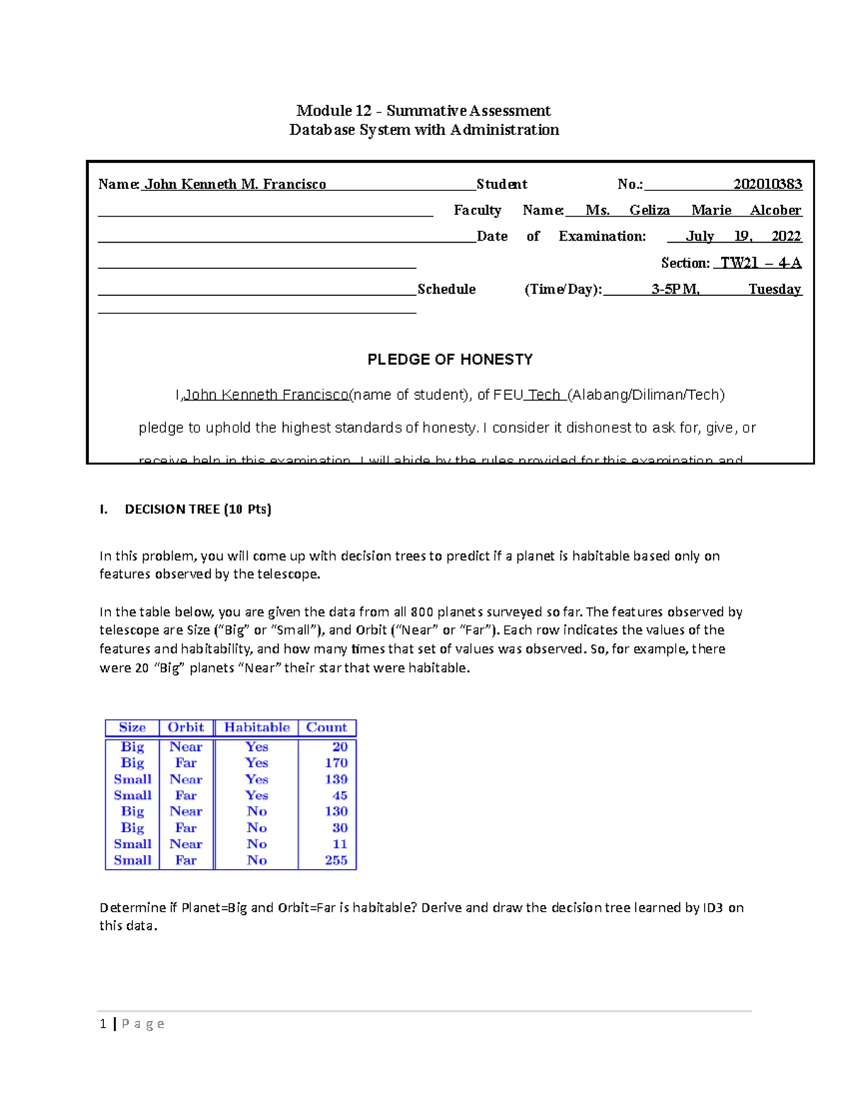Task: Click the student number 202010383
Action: tap(767, 185)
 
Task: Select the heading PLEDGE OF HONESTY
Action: tap(450, 359)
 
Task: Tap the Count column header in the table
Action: tap(326, 727)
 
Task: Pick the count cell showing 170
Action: tap(336, 763)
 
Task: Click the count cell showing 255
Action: tap(336, 861)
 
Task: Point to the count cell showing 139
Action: tap(336, 779)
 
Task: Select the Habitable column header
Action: tap(257, 727)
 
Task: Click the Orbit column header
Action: tap(185, 727)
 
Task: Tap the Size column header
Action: tap(132, 727)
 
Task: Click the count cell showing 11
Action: tap(340, 844)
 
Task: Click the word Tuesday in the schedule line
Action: tap(775, 289)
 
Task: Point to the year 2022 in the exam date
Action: tap(786, 236)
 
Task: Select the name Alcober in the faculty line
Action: tap(775, 210)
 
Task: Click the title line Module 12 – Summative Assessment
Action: tap(423, 110)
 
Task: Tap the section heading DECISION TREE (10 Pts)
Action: tap(197, 509)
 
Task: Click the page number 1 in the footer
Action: tap(103, 1023)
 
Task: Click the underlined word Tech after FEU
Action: tap(543, 395)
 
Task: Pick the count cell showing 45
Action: tap(340, 795)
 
